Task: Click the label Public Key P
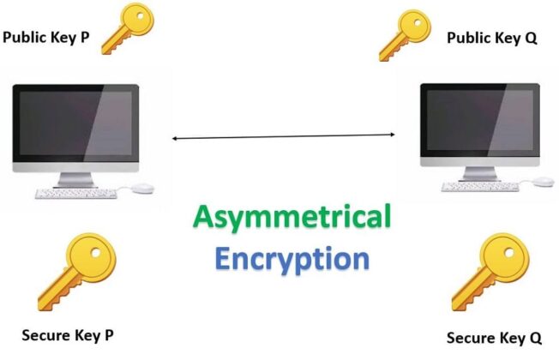click(51, 38)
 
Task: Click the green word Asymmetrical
click(292, 217)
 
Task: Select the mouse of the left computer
click(144, 187)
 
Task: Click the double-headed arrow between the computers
click(284, 136)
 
